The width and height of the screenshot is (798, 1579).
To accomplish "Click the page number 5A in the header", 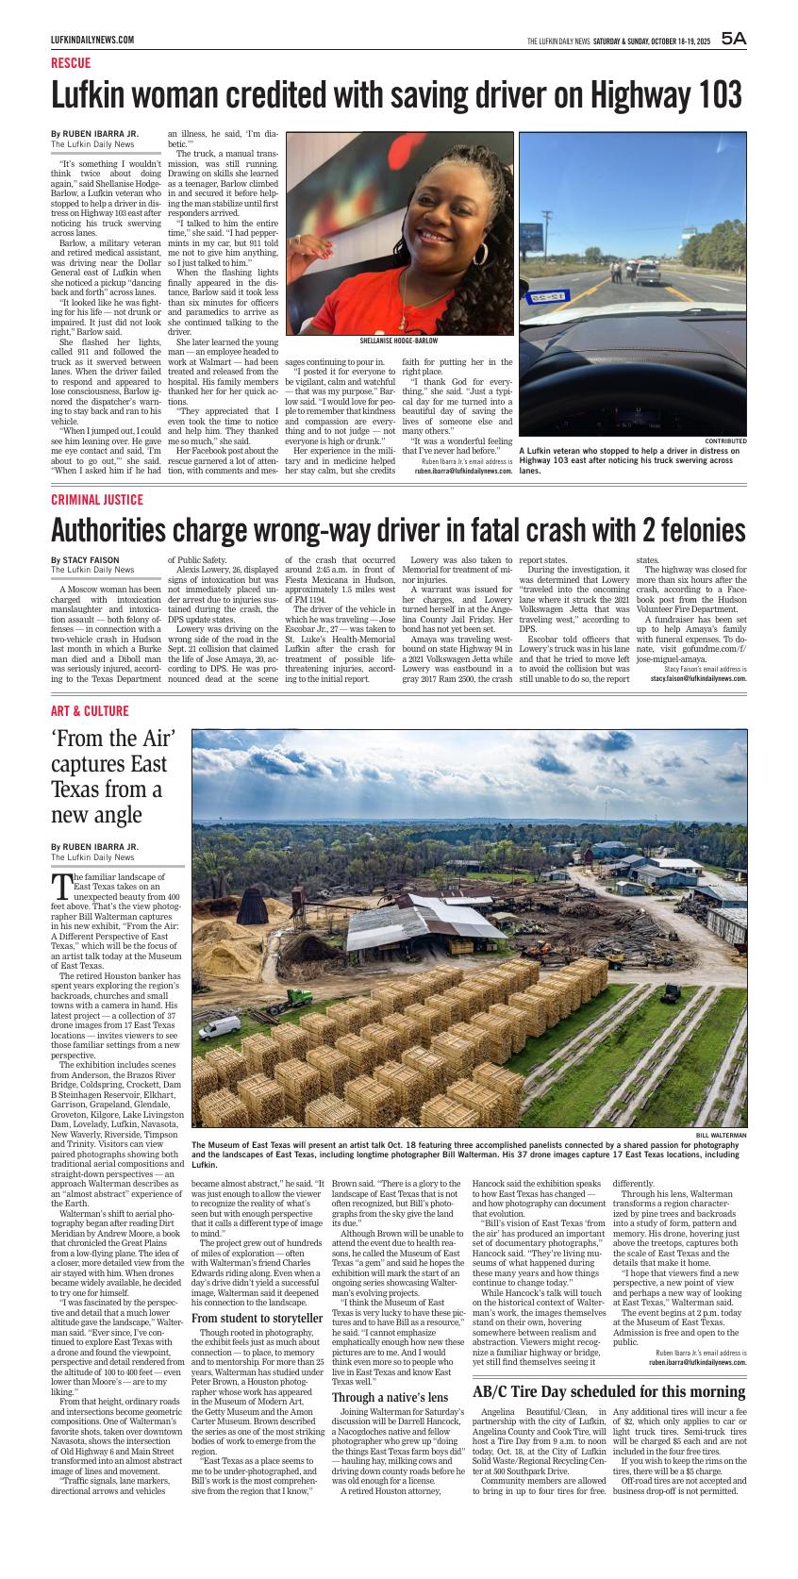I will point(733,39).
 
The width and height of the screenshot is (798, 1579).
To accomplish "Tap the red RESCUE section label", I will point(71,63).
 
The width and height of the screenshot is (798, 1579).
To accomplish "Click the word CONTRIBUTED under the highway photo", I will point(725,440).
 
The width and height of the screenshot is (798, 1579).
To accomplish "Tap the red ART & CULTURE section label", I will point(90,710).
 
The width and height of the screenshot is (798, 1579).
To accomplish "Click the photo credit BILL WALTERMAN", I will point(722,1135).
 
